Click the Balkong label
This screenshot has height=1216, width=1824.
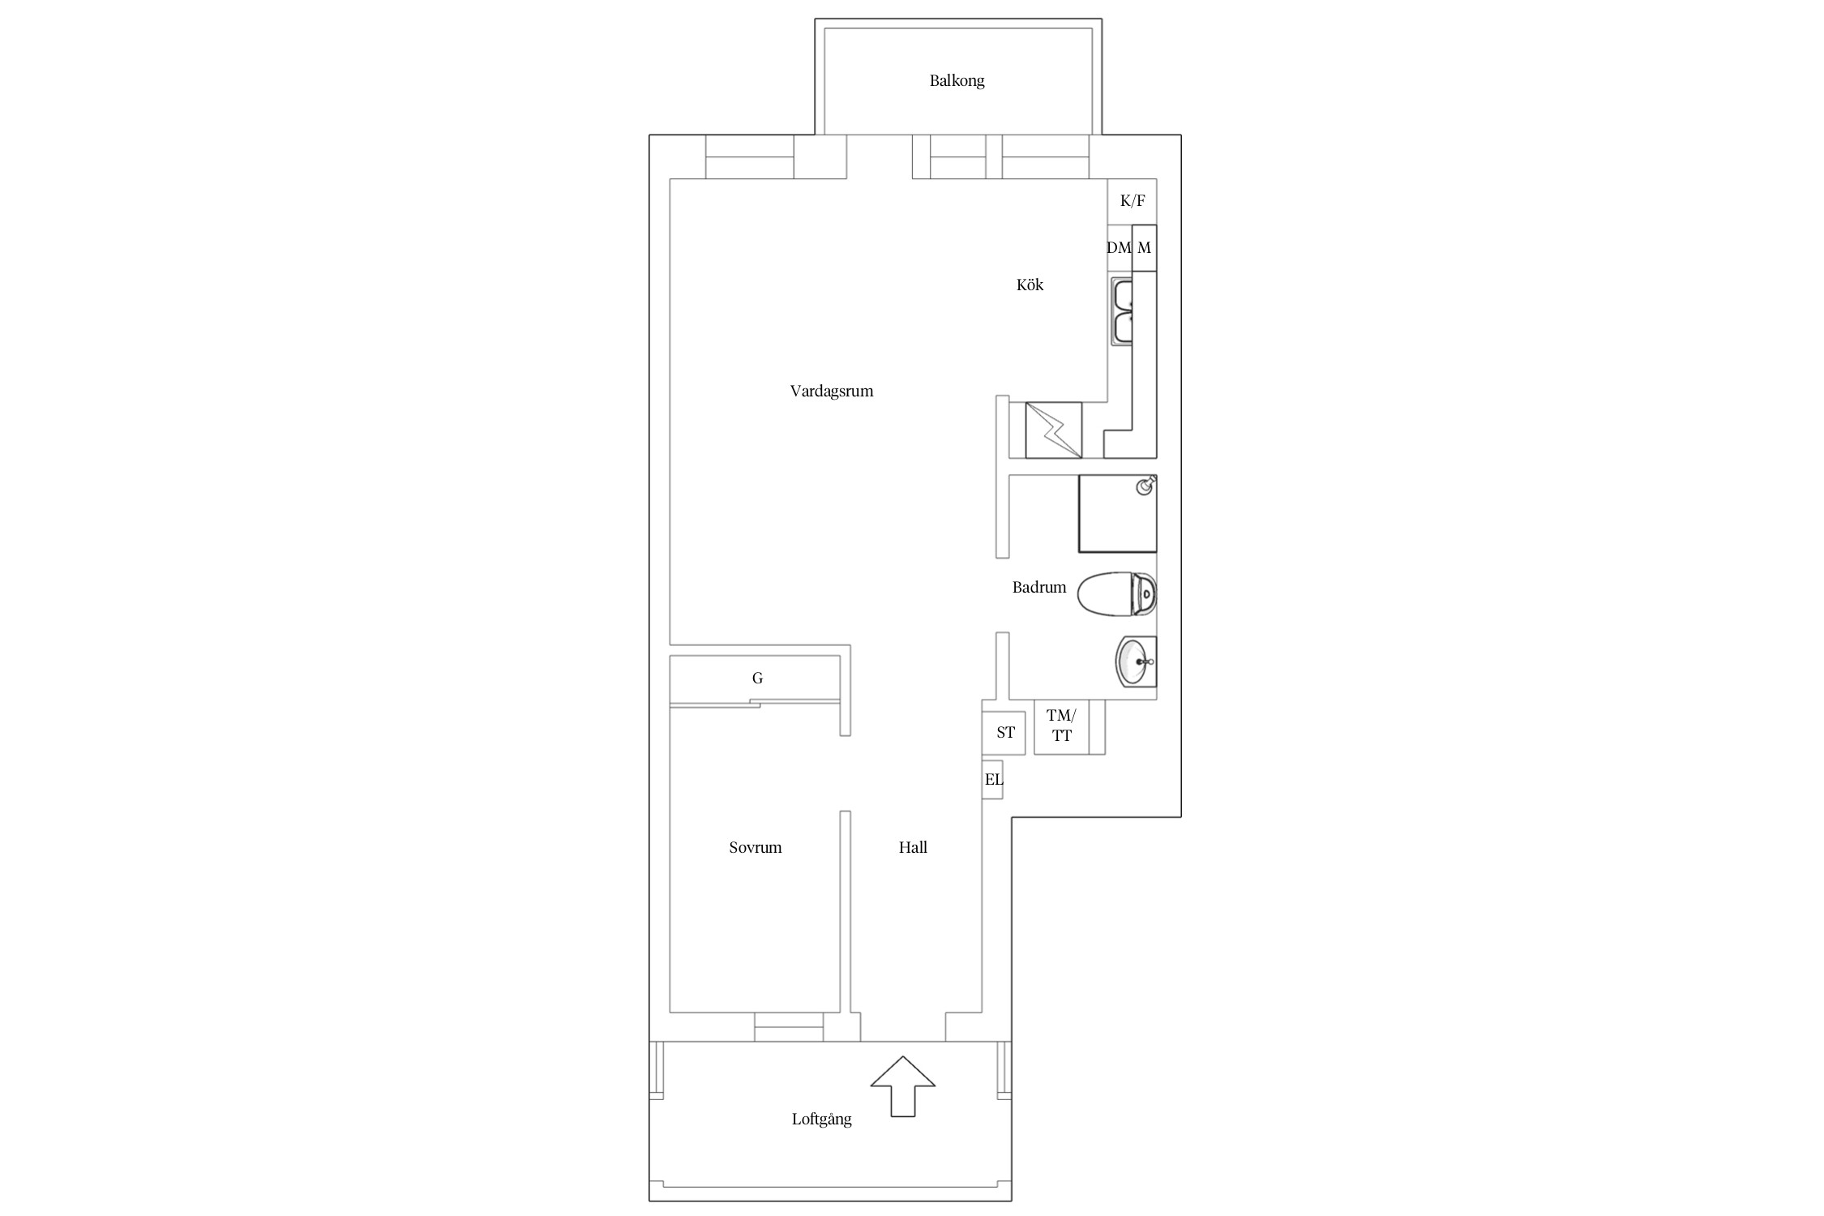(x=957, y=81)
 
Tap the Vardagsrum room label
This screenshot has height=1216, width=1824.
(x=832, y=392)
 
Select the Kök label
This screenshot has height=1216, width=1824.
(x=1030, y=285)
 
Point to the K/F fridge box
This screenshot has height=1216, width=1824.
(x=1132, y=201)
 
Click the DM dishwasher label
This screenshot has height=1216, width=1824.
(x=1119, y=248)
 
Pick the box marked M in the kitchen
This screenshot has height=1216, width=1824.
(x=1144, y=248)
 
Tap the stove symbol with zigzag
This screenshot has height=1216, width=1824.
(x=1054, y=430)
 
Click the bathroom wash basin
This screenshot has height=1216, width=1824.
(x=1137, y=662)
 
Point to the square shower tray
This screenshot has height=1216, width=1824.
(x=1117, y=514)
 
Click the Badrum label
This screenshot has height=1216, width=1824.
(x=1039, y=588)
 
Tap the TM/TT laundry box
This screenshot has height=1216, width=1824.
(x=1061, y=726)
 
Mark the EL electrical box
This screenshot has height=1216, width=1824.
(x=993, y=780)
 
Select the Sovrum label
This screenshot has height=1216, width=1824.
(x=756, y=848)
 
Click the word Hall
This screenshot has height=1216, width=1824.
(x=913, y=848)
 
